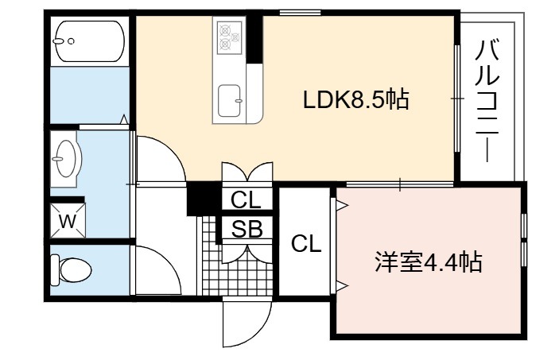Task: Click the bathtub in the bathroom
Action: coord(89,41)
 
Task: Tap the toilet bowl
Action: coord(72,270)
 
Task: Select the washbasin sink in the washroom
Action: coord(66,159)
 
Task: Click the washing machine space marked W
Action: coord(68,221)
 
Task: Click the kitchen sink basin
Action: coord(230,101)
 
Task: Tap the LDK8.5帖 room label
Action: coord(355,99)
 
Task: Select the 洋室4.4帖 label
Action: coord(429,262)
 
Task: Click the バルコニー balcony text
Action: coord(487,101)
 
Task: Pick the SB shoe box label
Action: coord(247,229)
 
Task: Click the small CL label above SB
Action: coord(246,200)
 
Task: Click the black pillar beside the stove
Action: coord(255,38)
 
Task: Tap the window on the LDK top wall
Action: coord(300,14)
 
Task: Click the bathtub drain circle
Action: coord(71,41)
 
